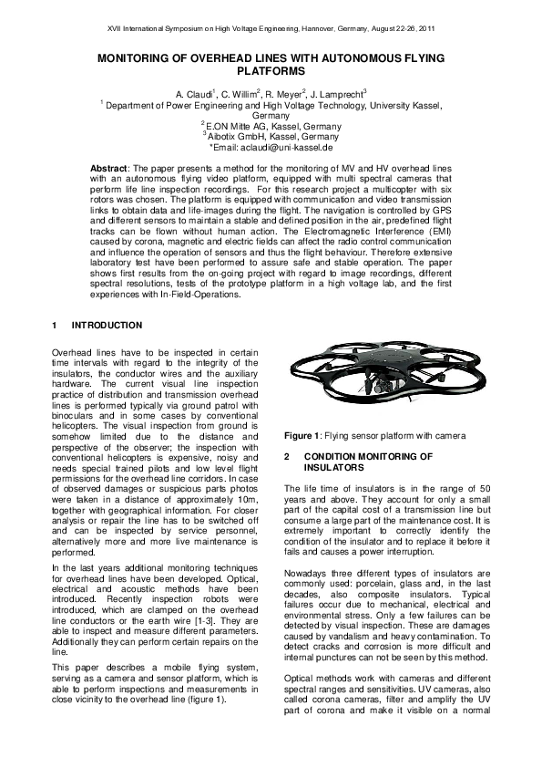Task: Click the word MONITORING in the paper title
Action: (145, 57)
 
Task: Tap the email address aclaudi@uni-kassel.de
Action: (277, 146)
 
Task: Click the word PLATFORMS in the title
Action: (271, 70)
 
